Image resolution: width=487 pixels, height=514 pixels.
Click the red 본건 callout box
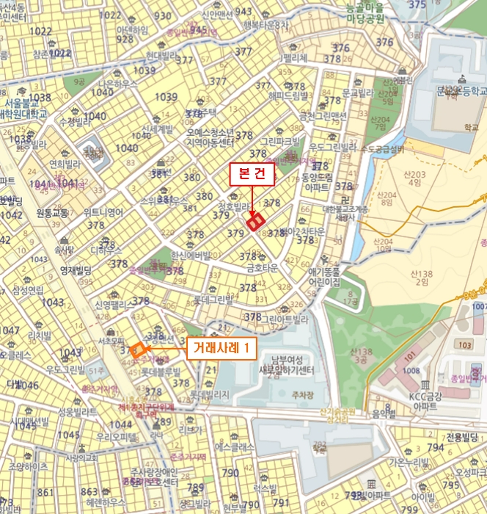pos(252,175)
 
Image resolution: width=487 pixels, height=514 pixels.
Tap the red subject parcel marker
pos(255,221)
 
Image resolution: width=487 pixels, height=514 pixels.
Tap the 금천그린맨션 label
pos(323,116)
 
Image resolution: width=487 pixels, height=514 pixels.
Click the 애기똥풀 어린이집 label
pos(325,275)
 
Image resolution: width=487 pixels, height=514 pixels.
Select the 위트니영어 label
pos(103,213)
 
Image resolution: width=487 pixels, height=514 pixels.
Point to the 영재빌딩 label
pos(75,269)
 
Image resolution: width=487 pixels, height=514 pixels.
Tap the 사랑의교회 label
pos(81,459)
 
